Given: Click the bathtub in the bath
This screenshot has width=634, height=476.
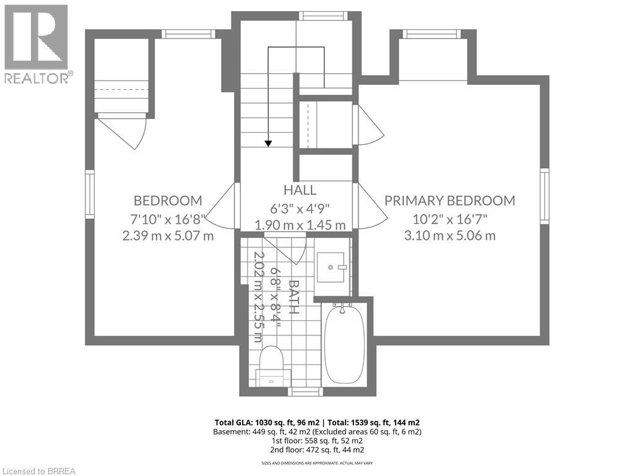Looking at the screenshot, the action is (x=345, y=345).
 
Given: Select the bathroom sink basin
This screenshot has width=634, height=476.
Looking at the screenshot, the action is (x=331, y=267).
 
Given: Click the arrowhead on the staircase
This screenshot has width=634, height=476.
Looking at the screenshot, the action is (x=268, y=143).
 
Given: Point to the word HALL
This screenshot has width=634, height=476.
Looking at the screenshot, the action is (x=300, y=190).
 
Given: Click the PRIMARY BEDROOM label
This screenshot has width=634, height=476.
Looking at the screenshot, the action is (x=449, y=200).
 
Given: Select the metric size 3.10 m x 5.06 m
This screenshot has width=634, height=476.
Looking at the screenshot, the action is (x=449, y=235).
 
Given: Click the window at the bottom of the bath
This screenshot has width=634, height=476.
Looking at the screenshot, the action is (x=305, y=392).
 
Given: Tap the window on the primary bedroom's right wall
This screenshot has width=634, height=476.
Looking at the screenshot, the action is (x=545, y=195).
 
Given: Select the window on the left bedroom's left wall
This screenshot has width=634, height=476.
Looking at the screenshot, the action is (x=89, y=195).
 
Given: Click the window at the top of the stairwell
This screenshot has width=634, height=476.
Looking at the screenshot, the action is (x=323, y=15).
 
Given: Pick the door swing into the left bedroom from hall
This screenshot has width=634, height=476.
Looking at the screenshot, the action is (x=222, y=206).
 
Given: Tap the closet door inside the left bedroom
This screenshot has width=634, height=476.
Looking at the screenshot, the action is (x=123, y=130).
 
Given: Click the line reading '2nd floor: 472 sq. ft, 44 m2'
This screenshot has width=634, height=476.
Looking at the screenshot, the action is (x=317, y=450).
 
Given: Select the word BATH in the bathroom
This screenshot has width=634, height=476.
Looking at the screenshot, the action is (x=294, y=297).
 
